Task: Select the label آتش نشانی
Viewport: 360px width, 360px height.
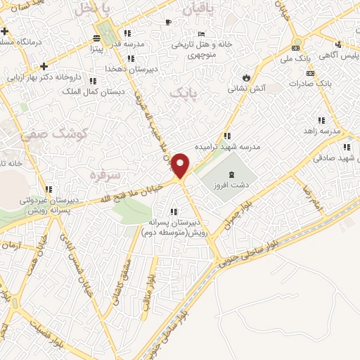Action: click(246, 89)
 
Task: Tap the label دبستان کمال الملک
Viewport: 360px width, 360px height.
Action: click(93, 91)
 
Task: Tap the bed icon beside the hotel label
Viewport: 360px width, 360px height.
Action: click(202, 33)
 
